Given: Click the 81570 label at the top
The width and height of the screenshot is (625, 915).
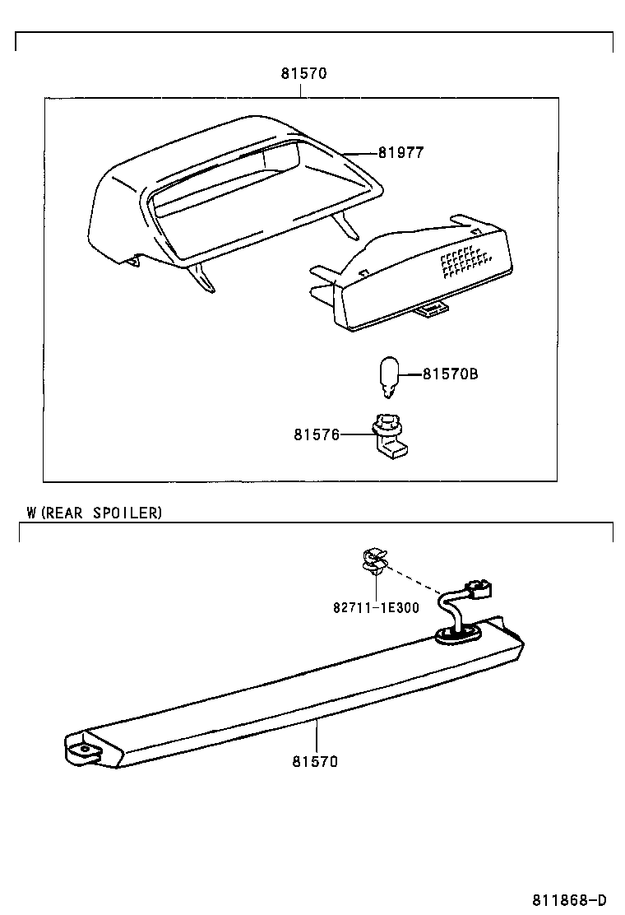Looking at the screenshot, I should [x=303, y=73].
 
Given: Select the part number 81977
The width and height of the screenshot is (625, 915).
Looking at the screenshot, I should [x=400, y=152].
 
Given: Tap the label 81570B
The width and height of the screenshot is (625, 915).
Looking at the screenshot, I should [x=450, y=374].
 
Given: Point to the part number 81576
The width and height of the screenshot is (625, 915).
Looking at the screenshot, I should [x=316, y=434].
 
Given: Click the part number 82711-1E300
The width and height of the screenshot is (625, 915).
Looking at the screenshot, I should [x=376, y=608].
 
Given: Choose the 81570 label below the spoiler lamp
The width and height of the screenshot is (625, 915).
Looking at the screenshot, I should [x=314, y=761].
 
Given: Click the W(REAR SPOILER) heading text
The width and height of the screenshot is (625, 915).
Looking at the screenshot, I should [x=94, y=513].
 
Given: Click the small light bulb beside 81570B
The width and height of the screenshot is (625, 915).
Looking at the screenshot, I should [x=389, y=376].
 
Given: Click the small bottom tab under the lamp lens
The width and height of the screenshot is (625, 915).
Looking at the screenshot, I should [x=430, y=309].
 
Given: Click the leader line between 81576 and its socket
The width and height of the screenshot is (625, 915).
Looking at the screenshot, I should [x=354, y=434].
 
